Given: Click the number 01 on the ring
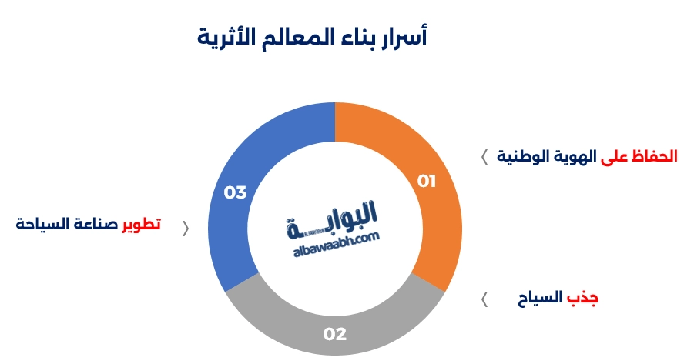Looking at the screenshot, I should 427,182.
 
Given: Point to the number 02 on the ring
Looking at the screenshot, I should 335,334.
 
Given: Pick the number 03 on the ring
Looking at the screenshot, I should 235,192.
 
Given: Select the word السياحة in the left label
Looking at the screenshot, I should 42,224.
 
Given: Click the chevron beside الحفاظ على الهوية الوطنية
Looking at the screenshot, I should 484,157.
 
